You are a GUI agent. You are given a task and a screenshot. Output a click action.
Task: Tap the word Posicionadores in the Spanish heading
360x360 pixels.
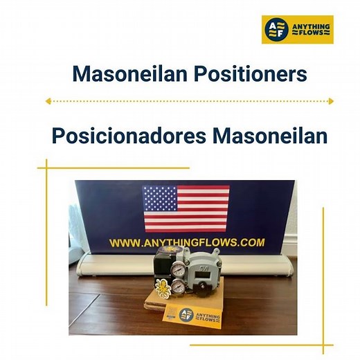click(x=128, y=136)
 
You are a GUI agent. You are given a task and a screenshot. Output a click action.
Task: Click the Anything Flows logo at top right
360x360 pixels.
click(x=297, y=30)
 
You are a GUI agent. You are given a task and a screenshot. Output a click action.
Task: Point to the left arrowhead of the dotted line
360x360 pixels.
click(x=48, y=101)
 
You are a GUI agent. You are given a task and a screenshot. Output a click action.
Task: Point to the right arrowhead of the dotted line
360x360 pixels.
click(x=330, y=101)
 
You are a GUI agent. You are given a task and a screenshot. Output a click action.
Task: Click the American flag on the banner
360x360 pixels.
click(x=185, y=208)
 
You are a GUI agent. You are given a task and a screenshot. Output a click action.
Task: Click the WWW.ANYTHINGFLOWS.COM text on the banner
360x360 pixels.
click(x=187, y=242)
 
